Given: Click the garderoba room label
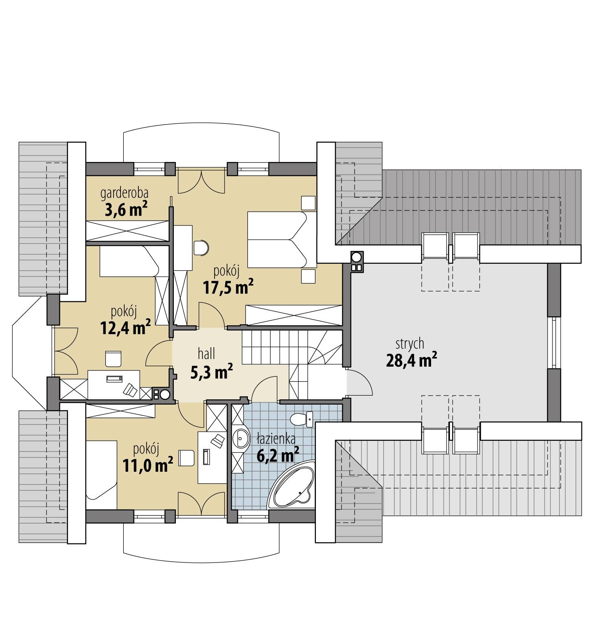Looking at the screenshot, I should point(124,193).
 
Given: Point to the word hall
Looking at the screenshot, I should point(206,354).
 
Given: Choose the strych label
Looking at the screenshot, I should point(410,344).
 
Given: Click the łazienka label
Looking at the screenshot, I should point(276,439).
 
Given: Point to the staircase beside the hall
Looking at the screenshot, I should point(285,348).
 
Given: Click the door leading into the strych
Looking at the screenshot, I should point(358,383).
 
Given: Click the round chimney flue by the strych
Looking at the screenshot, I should point(356,257).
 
